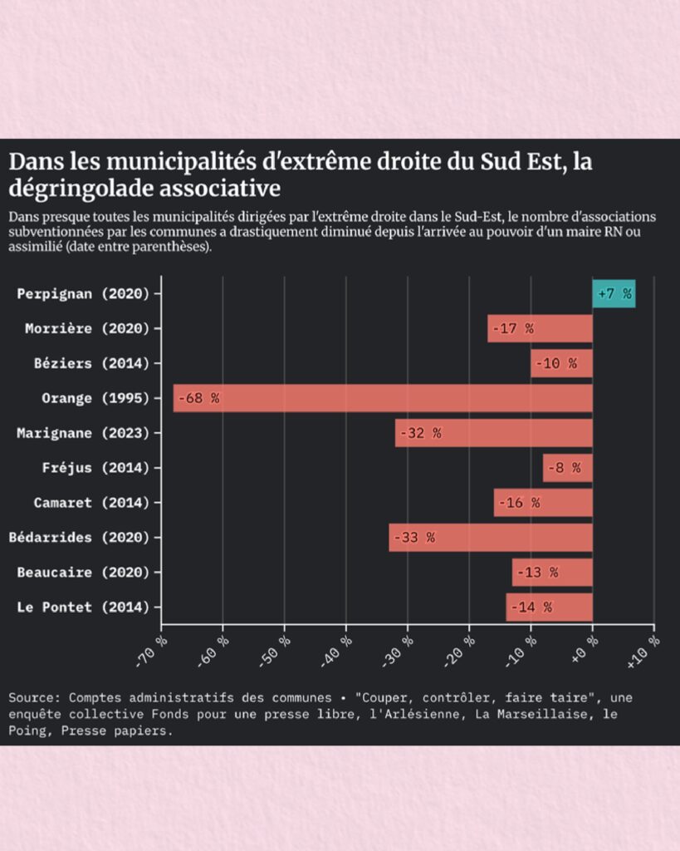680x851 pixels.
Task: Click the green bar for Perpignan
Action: point(614,293)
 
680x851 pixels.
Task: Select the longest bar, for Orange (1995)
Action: point(382,398)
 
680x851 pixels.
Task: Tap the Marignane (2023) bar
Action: point(493,433)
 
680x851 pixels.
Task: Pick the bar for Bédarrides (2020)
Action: point(490,537)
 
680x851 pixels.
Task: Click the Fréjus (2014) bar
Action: point(567,468)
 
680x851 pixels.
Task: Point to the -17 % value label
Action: point(512,328)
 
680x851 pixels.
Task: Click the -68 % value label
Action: point(198,398)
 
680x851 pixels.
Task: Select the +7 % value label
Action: point(614,293)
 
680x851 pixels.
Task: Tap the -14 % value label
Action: point(531,607)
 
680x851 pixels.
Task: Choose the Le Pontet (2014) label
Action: point(83,607)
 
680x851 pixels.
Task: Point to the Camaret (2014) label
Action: point(91,503)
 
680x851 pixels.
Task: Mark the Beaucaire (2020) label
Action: point(83,572)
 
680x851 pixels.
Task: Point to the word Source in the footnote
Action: point(31,697)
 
